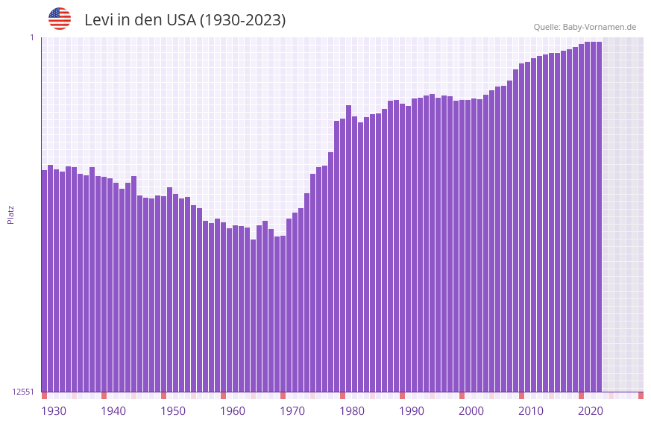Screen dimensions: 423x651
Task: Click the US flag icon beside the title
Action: pos(60,19)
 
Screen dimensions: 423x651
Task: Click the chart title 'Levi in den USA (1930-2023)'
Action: pos(185,20)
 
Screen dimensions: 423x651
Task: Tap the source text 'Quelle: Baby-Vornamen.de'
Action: pos(585,27)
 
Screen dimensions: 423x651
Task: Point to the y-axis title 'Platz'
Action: pos(10,214)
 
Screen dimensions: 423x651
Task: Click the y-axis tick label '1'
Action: pos(32,37)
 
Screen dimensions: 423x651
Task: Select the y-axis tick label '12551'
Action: pos(24,392)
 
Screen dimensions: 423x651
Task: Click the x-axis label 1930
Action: pos(54,411)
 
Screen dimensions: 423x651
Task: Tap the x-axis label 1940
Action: pos(113,411)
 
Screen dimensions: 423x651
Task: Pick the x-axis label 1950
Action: pos(173,411)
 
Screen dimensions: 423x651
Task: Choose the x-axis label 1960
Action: pos(233,411)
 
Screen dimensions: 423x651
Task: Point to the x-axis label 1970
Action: pos(292,411)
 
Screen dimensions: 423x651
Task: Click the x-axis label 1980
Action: pos(352,411)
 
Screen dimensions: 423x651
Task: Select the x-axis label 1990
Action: pos(412,411)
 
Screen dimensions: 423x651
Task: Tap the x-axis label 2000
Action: pos(471,411)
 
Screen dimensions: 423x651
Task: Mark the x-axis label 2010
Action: pos(531,411)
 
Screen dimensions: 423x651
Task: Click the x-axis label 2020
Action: pos(591,411)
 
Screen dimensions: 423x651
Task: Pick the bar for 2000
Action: pos(462,246)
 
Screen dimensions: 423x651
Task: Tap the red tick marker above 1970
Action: pos(283,395)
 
